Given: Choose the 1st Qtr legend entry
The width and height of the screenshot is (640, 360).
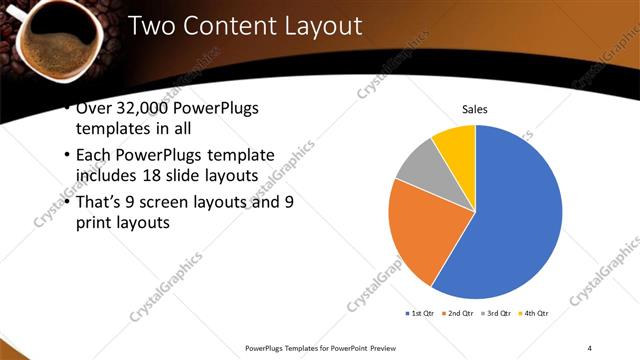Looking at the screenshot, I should click(419, 314).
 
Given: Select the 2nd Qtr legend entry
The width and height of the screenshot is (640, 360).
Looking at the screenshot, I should click(459, 314).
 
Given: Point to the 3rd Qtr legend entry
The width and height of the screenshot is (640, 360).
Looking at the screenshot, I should click(498, 314).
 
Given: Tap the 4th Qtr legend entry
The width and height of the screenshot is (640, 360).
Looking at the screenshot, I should click(536, 314).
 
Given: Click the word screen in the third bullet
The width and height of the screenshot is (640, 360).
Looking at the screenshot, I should click(172, 202).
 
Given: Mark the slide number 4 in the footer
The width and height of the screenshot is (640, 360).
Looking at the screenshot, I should click(590, 347).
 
